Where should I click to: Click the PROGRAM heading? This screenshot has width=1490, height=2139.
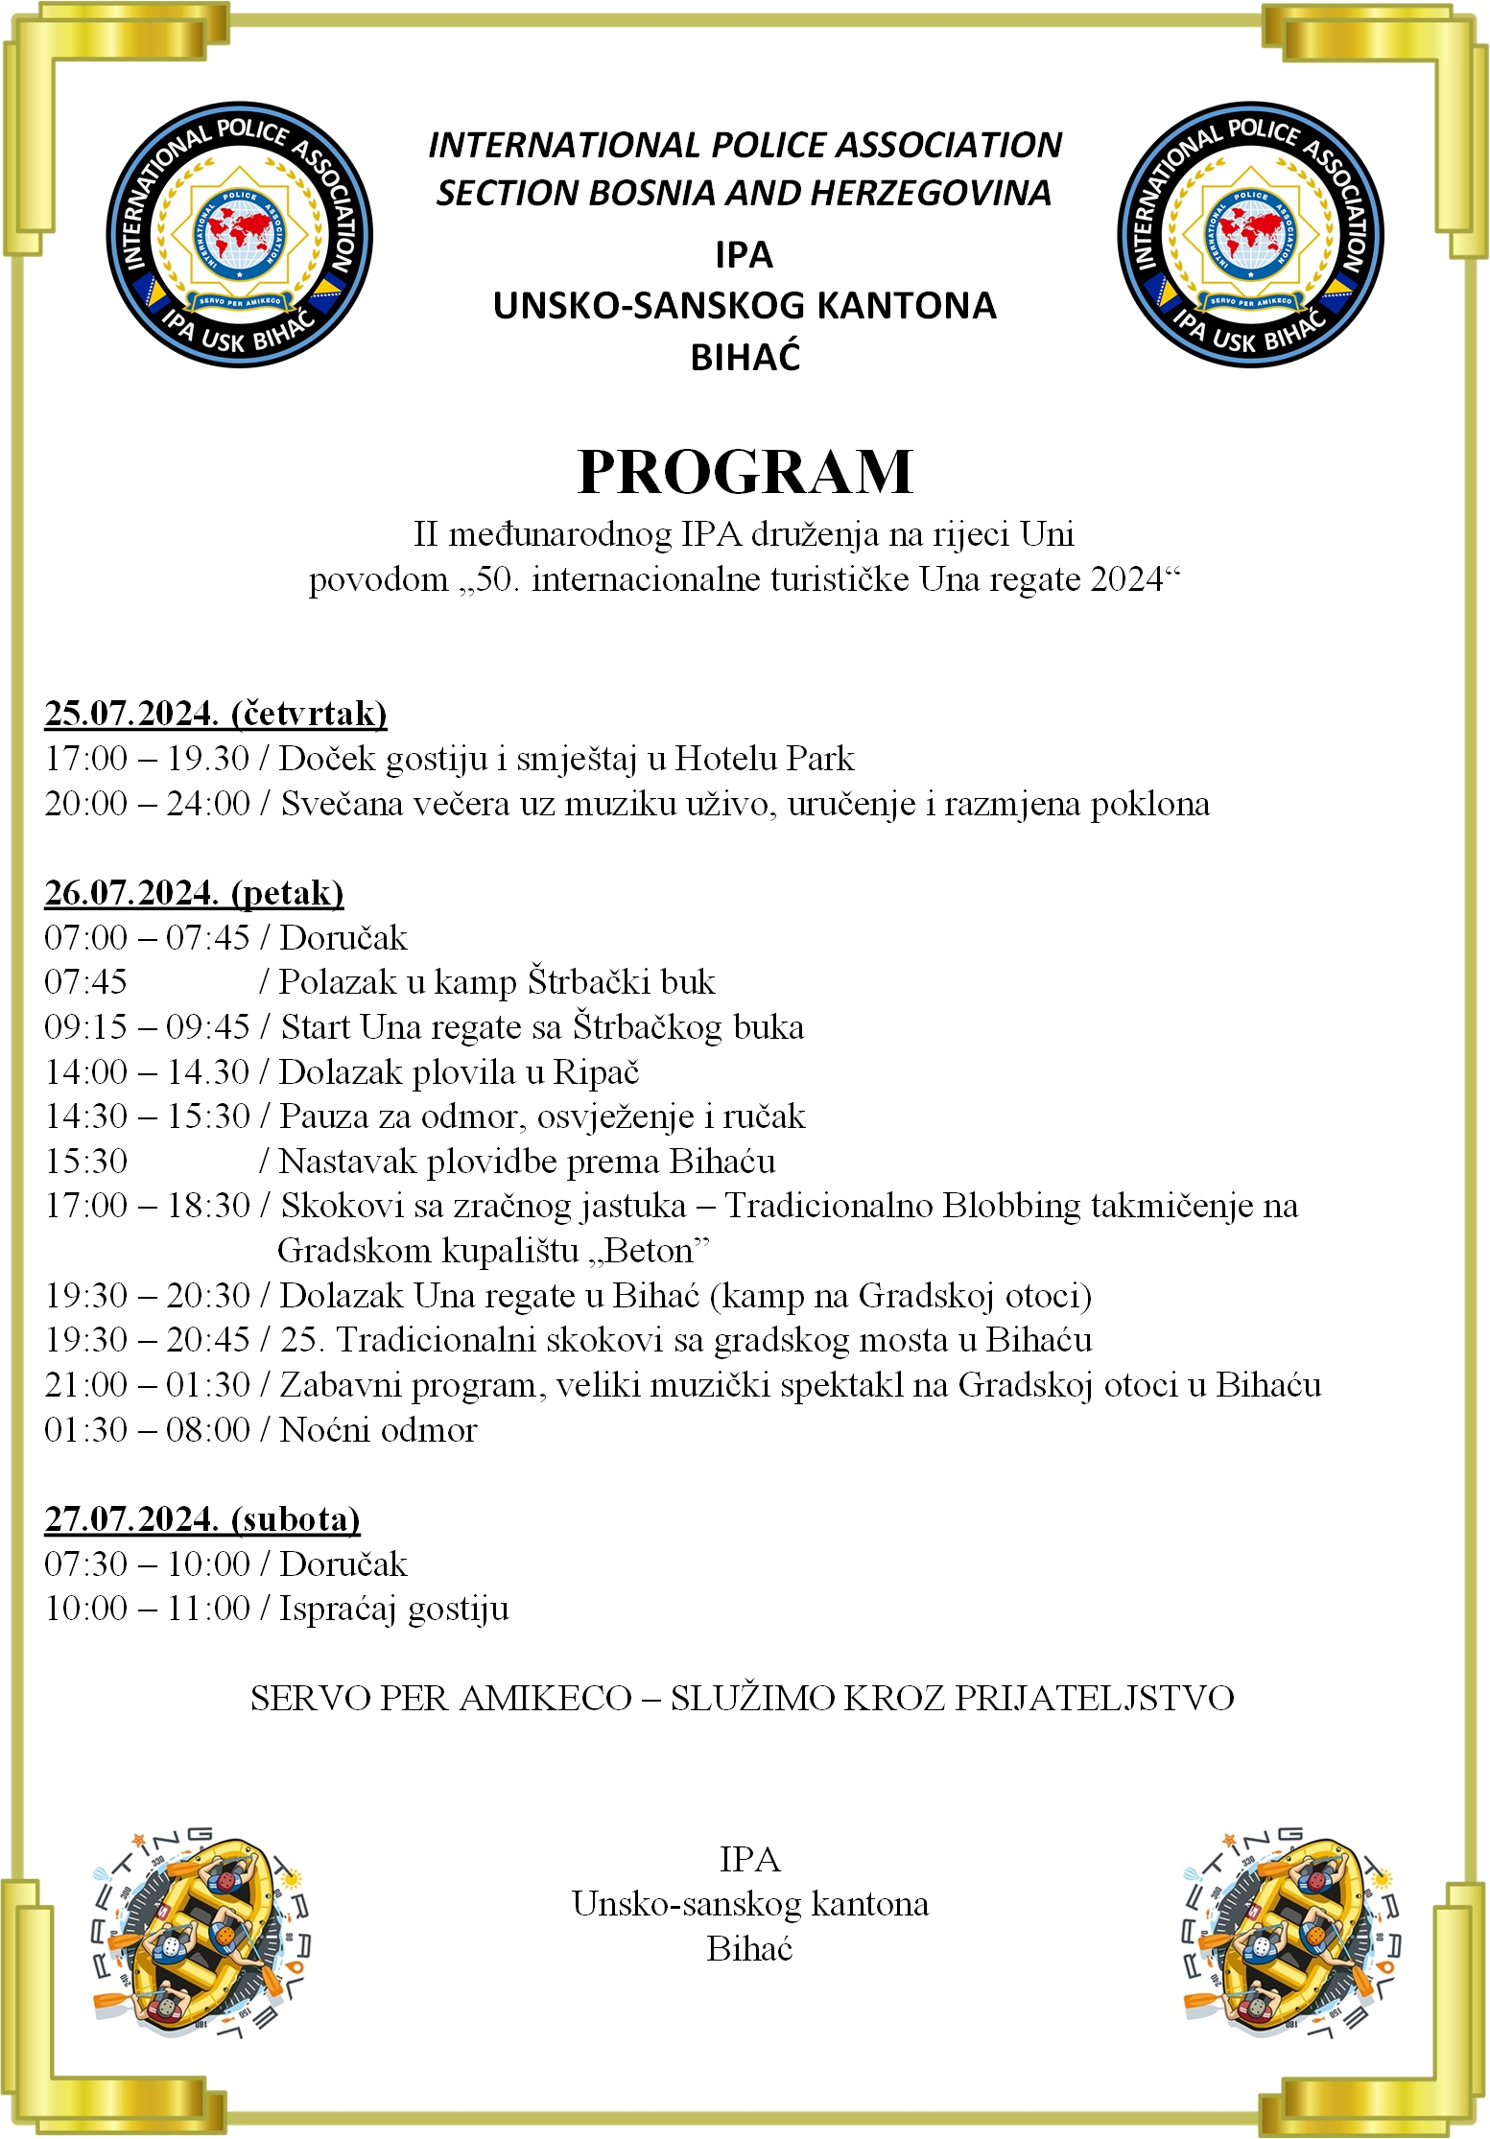[x=745, y=472]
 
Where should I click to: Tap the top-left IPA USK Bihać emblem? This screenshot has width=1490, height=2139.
[x=239, y=235]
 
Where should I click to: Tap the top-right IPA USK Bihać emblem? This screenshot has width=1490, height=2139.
[x=1250, y=235]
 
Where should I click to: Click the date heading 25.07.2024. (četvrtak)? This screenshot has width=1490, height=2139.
[x=216, y=714]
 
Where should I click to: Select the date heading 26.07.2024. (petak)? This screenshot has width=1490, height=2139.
[x=194, y=893]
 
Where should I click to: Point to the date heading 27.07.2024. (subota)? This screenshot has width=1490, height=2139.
[x=202, y=1519]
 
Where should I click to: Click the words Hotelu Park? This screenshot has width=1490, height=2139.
[x=764, y=759]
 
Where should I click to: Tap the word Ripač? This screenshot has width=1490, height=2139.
[x=596, y=1072]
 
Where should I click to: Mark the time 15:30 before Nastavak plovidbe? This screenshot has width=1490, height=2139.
[x=86, y=1162]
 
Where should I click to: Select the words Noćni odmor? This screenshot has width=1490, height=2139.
[x=378, y=1430]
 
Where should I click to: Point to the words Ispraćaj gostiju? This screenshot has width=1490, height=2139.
[x=393, y=1610]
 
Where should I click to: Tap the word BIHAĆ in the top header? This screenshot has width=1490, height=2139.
[x=745, y=358]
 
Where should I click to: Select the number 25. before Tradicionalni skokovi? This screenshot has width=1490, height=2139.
[x=299, y=1340]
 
